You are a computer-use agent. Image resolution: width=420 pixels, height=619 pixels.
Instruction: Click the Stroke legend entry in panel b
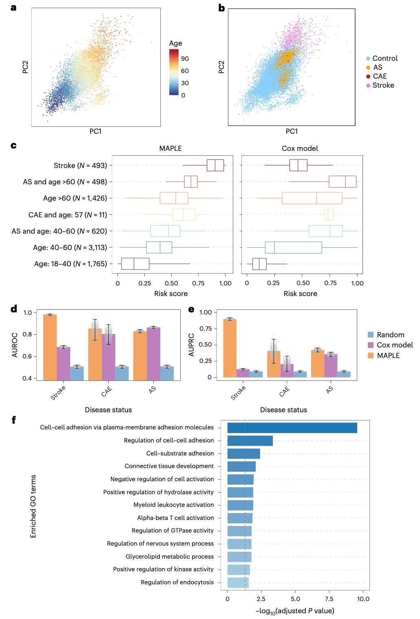(x=383, y=85)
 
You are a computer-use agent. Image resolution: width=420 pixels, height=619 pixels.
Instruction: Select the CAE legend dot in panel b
(x=368, y=76)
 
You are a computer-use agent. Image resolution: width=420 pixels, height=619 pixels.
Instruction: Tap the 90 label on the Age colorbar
(x=185, y=59)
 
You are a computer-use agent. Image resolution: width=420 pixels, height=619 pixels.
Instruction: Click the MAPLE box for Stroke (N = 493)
(x=215, y=165)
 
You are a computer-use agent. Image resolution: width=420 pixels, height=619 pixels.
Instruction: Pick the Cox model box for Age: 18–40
(x=259, y=264)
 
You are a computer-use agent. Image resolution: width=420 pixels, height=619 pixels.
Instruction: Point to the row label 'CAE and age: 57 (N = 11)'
(x=68, y=214)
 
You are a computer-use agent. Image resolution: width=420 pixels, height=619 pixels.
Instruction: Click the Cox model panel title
(x=300, y=148)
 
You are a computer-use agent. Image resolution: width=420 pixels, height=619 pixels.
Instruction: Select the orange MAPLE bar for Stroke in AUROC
(x=50, y=347)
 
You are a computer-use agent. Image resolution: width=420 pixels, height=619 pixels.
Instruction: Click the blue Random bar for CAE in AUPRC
(x=300, y=374)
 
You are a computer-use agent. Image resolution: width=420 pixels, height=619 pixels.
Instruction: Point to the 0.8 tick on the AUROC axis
(x=27, y=334)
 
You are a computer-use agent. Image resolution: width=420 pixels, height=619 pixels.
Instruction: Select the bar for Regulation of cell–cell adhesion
(x=250, y=440)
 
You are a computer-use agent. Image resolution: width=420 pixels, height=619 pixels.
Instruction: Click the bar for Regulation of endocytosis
(x=238, y=582)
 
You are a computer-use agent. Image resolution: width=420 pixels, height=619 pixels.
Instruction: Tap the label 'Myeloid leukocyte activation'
(x=174, y=505)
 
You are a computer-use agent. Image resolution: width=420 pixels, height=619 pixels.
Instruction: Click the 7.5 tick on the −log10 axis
(x=329, y=599)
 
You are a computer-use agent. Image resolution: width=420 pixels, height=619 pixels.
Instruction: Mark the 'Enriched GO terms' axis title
(x=33, y=506)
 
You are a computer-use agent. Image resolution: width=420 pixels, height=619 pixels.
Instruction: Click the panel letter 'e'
(x=191, y=309)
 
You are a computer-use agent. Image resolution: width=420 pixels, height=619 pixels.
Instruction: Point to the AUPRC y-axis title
(x=191, y=345)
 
